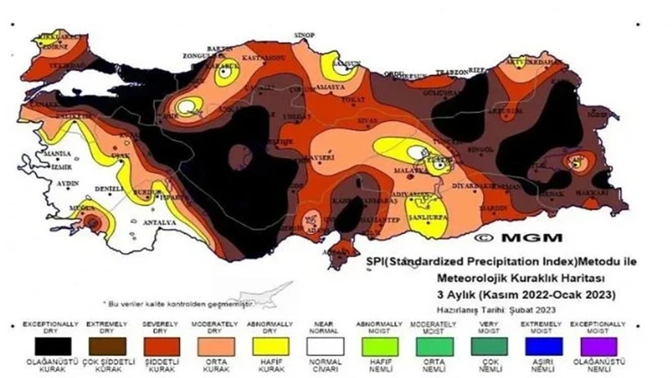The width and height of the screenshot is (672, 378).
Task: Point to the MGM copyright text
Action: [x=519, y=236]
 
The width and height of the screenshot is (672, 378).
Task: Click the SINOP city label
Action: [x=304, y=36]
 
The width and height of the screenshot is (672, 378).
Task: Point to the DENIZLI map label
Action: [x=109, y=190]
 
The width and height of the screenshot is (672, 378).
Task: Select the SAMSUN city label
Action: [x=345, y=63]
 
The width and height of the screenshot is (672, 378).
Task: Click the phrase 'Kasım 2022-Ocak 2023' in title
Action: [x=554, y=294]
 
